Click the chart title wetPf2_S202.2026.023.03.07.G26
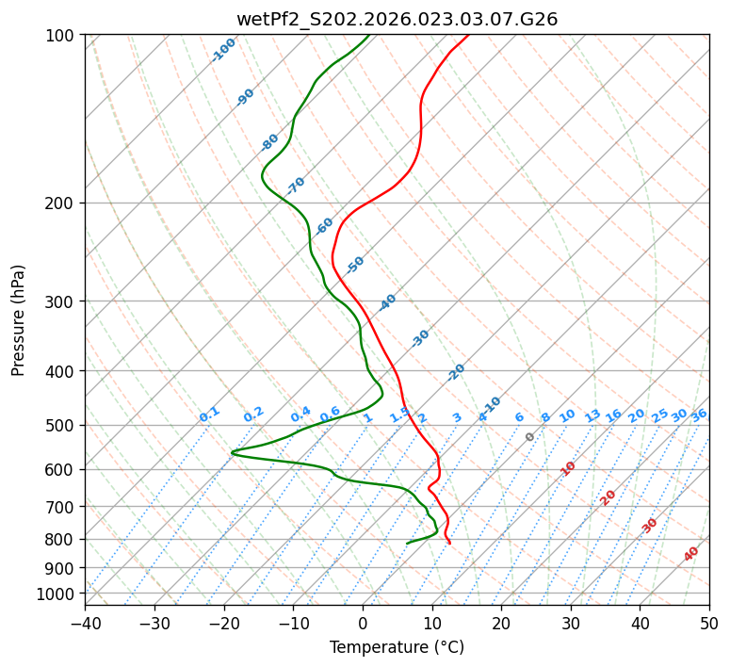click(x=397, y=19)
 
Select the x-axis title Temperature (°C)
click(x=397, y=647)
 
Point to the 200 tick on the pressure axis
click(x=62, y=203)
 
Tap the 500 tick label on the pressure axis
click(x=62, y=426)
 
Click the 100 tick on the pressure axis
click(x=62, y=36)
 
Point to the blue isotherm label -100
click(x=223, y=50)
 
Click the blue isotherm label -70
click(x=296, y=186)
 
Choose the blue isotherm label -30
click(x=420, y=338)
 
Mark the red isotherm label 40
click(x=691, y=554)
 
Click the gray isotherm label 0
click(x=530, y=437)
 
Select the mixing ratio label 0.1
click(x=209, y=415)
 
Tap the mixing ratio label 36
click(x=699, y=415)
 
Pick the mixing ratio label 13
click(x=592, y=415)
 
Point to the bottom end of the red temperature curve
click(x=449, y=544)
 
